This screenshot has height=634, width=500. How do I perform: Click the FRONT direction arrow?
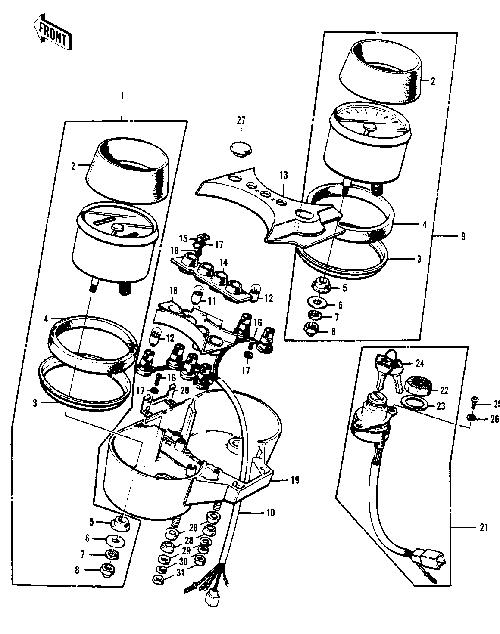pyautogui.click(x=53, y=32)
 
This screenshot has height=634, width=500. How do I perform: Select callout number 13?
pyautogui.click(x=284, y=176)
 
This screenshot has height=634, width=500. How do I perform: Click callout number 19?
pyautogui.click(x=295, y=480)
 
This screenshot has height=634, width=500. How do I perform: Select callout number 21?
pyautogui.click(x=484, y=527)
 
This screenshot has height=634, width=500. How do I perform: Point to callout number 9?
pyautogui.click(x=463, y=236)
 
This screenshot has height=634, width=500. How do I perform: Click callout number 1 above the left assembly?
pyautogui.click(x=122, y=96)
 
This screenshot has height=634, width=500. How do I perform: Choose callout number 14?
pyautogui.click(x=223, y=262)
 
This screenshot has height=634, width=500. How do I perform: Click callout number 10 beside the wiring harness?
pyautogui.click(x=270, y=513)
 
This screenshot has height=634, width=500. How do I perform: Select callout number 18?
pyautogui.click(x=173, y=291)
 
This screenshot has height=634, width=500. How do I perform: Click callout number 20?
pyautogui.click(x=184, y=390)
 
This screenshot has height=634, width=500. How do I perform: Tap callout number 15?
pyautogui.click(x=184, y=238)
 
